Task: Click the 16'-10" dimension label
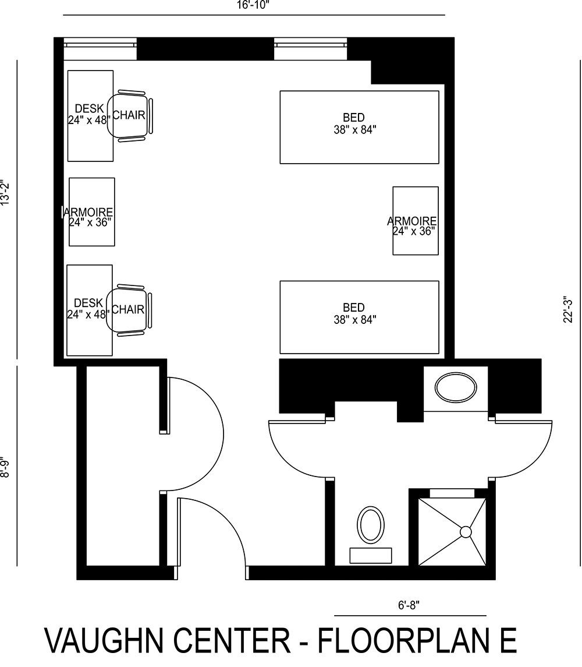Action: pos(254,5)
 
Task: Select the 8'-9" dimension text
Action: pos(6,466)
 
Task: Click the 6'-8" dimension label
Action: pos(409,605)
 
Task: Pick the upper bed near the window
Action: pos(359,127)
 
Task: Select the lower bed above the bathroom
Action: pos(359,317)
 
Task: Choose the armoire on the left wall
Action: pos(91,212)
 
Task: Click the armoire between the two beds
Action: pos(415,221)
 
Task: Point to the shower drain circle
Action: pos(466,532)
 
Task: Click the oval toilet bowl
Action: pos(371,524)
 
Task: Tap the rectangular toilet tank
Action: pos(371,556)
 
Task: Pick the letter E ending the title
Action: pos(507,640)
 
